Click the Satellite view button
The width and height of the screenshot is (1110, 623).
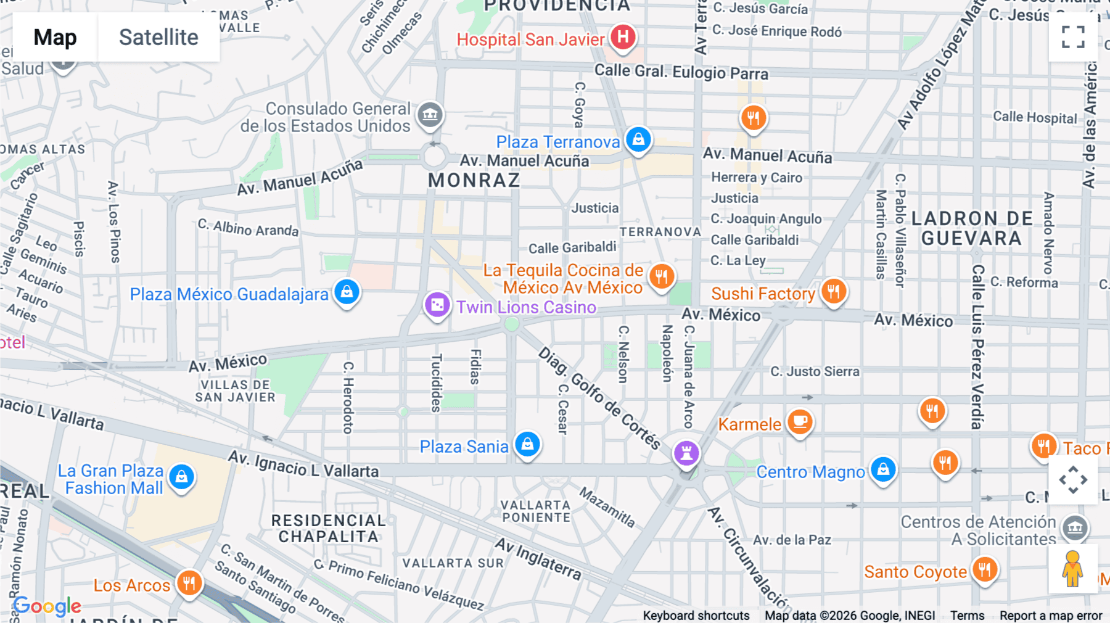tap(158, 38)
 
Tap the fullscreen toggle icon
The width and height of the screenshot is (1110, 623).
tap(1073, 37)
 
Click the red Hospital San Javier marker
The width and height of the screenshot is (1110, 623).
tap(623, 36)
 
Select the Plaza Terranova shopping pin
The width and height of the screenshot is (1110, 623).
tap(638, 139)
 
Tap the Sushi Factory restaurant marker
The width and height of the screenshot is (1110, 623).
tap(833, 291)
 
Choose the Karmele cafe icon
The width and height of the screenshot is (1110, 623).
tap(800, 423)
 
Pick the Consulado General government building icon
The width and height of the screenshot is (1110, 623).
tap(430, 115)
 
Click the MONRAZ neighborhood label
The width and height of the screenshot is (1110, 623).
tap(474, 181)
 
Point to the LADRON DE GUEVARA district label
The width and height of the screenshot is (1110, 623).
tap(971, 228)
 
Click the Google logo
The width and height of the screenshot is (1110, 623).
tap(47, 606)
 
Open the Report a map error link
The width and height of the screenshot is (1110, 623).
tap(1050, 616)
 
